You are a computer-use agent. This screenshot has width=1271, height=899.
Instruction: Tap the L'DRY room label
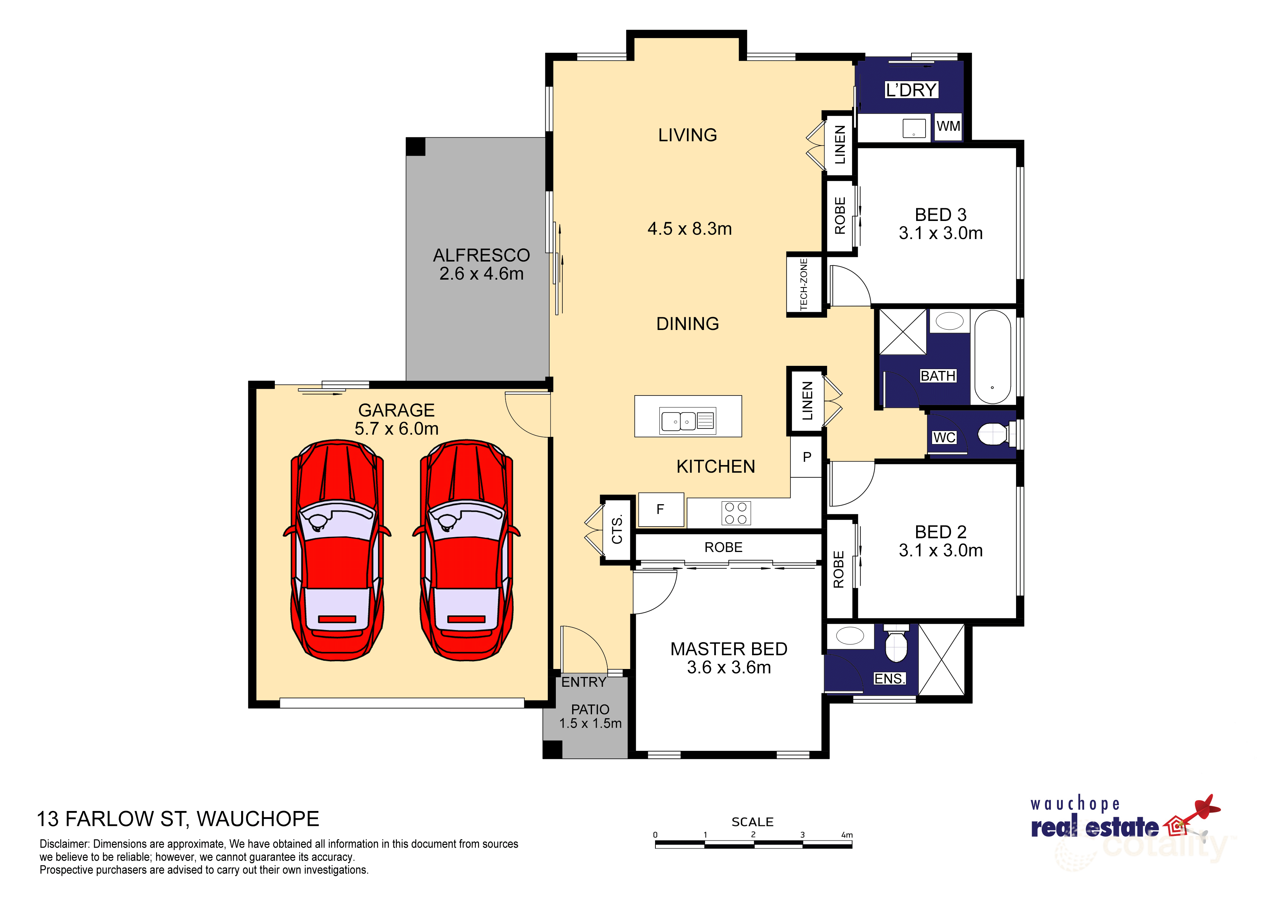[x=911, y=90]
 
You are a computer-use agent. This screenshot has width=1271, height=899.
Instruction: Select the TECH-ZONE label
[x=804, y=284]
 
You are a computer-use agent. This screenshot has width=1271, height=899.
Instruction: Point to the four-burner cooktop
[x=736, y=513]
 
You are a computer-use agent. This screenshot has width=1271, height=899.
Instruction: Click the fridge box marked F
[x=660, y=509]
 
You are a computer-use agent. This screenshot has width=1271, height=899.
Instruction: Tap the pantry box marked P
[x=806, y=457]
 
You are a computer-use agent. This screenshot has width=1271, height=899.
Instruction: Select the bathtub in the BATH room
[x=992, y=357]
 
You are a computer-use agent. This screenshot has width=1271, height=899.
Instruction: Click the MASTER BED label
[x=729, y=649]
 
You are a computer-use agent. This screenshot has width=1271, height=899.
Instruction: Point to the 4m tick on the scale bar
[x=851, y=845]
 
